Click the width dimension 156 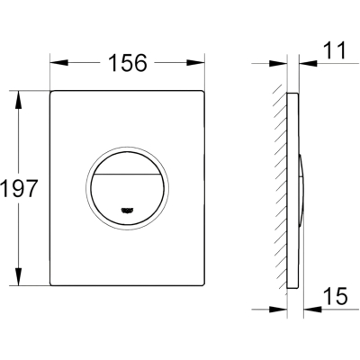[128, 63]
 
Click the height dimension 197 [19, 188]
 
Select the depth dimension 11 [334, 50]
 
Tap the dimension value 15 [336, 296]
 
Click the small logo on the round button [127, 211]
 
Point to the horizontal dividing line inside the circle [127, 174]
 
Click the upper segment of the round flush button [127, 163]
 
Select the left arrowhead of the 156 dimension [59, 63]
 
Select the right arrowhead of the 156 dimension [195, 63]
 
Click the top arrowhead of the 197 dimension [19, 100]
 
